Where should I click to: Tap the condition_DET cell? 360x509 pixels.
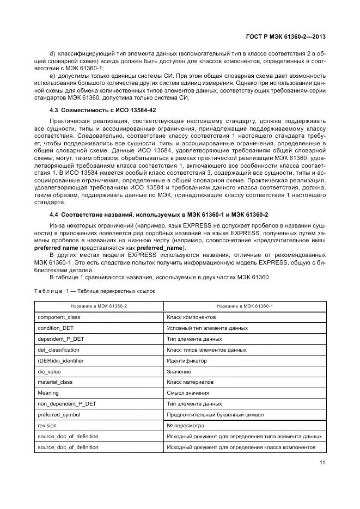(x=56, y=328)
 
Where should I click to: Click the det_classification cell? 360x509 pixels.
(x=59, y=349)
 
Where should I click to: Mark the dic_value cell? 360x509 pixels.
(x=49, y=371)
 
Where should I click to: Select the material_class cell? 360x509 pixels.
(x=55, y=382)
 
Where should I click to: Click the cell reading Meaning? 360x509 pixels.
(x=48, y=393)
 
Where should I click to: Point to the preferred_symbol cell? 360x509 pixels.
(x=59, y=415)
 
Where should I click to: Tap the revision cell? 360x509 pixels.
(x=47, y=426)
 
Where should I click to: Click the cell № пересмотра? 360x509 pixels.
(x=186, y=426)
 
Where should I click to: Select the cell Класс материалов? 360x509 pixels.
(x=190, y=382)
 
